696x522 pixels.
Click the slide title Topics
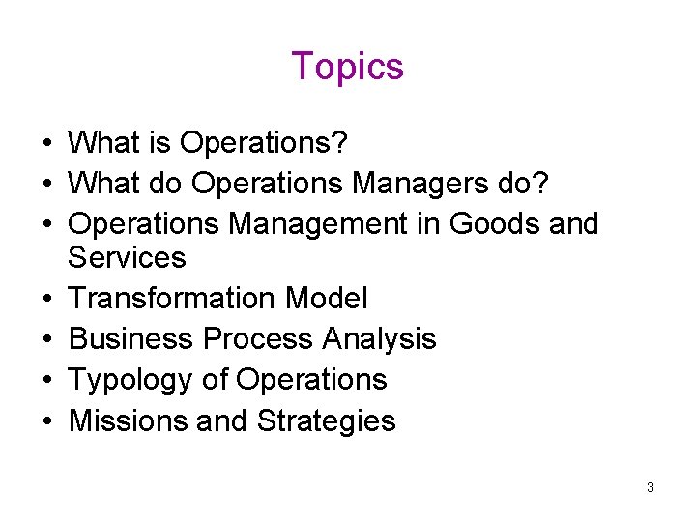pos(347,67)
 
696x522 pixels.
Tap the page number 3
pos(651,487)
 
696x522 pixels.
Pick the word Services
pos(127,258)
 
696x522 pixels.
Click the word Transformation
pos(173,299)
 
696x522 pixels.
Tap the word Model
pos(327,299)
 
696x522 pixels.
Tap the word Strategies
pos(327,421)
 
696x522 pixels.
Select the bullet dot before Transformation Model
pos(46,299)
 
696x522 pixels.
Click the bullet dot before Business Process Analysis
pos(46,340)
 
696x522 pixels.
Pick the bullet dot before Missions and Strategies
pos(46,421)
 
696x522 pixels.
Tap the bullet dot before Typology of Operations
pos(46,381)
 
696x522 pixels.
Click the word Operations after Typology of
pos(311,380)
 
